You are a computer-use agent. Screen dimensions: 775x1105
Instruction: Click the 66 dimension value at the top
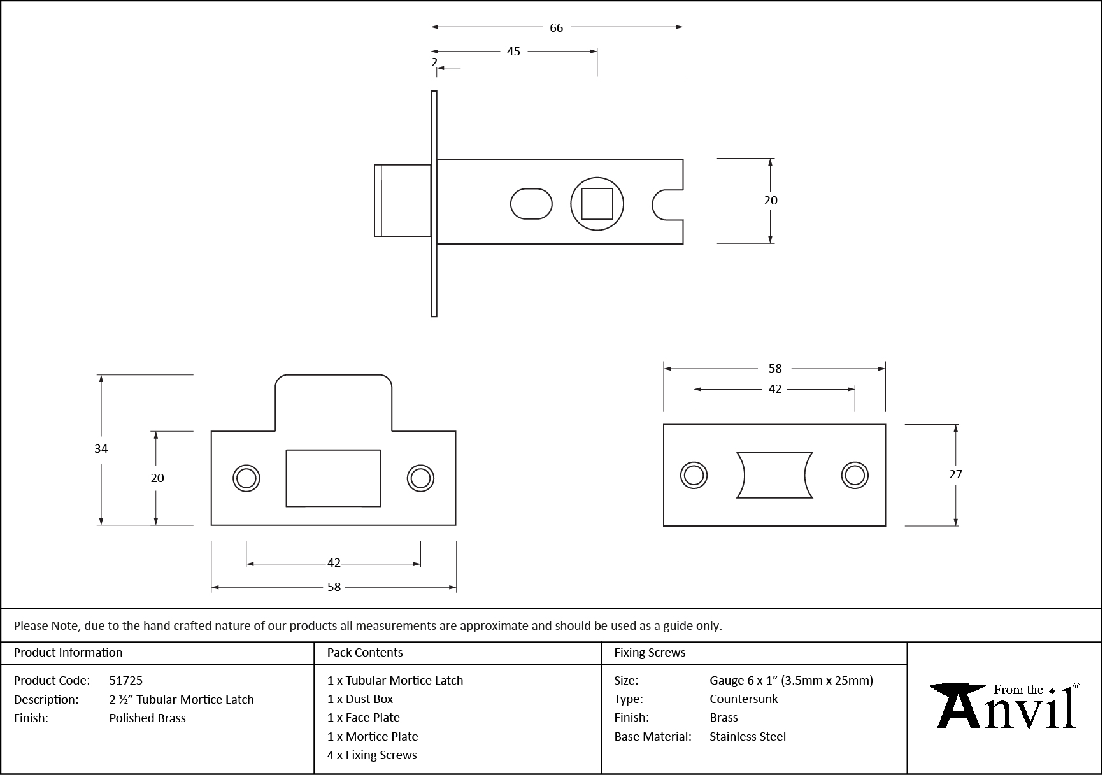(x=556, y=28)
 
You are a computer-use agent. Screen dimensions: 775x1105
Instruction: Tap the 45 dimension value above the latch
(x=513, y=52)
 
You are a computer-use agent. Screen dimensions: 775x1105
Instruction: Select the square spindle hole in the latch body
(x=597, y=204)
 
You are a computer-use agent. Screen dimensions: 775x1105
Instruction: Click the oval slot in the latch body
(x=531, y=204)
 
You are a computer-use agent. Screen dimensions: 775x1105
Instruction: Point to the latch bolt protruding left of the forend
(x=402, y=201)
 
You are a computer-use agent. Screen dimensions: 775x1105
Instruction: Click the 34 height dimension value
(x=101, y=449)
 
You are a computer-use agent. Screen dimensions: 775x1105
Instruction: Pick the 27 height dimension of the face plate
(x=955, y=474)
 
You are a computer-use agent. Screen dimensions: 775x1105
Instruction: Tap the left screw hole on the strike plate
(x=246, y=478)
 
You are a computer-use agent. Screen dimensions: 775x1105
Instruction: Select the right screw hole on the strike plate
(x=420, y=478)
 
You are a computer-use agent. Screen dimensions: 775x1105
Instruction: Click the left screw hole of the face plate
(x=694, y=475)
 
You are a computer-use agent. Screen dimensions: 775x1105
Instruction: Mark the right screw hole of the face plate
(x=855, y=475)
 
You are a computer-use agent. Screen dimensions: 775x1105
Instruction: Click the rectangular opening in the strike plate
(x=333, y=478)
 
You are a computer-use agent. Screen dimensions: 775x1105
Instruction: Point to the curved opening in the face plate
(x=774, y=475)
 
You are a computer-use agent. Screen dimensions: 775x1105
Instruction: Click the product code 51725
(x=126, y=681)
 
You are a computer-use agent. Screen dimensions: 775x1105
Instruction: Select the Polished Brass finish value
(x=147, y=718)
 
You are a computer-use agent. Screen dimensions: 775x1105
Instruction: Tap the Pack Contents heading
(x=365, y=653)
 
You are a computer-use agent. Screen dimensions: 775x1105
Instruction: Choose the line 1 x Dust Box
(x=360, y=699)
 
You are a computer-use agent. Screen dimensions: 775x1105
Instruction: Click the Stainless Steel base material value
(x=748, y=737)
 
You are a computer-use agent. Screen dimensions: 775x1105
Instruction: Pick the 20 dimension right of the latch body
(x=771, y=201)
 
